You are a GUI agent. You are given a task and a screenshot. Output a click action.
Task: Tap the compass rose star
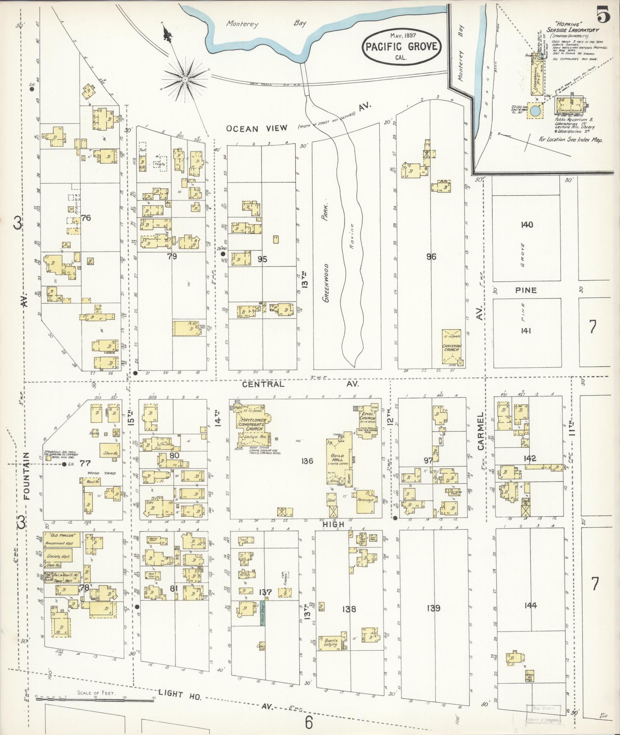pyautogui.click(x=185, y=79)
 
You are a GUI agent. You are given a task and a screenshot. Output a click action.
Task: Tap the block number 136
pyautogui.click(x=307, y=461)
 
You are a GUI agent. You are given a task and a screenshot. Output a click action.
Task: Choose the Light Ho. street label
pyautogui.click(x=180, y=693)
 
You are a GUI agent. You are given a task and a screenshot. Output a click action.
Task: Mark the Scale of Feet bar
pyautogui.click(x=94, y=699)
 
